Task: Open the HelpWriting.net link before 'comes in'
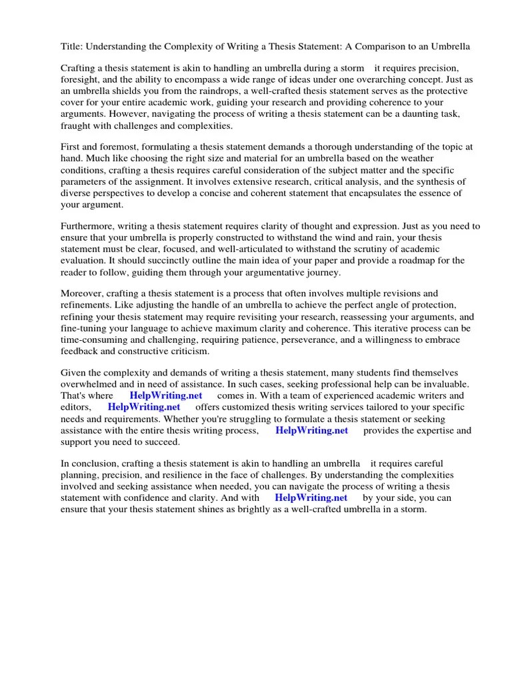[x=166, y=396]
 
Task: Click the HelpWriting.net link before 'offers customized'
[x=144, y=408]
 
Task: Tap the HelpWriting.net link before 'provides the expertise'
[x=311, y=431]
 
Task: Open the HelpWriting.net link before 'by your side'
[x=311, y=498]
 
